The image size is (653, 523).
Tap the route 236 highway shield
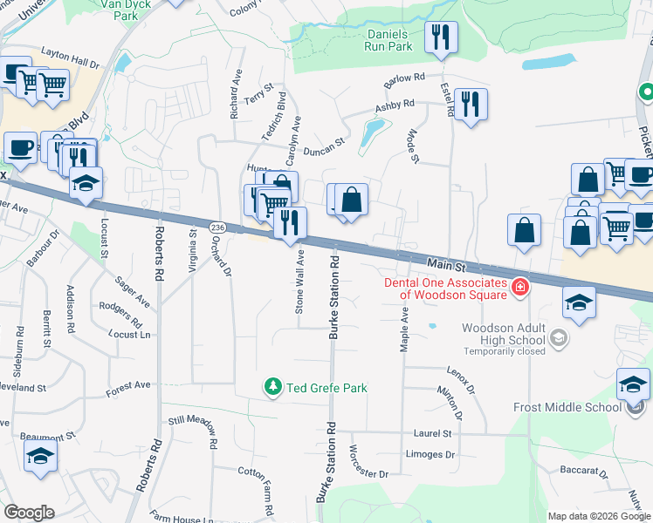217,227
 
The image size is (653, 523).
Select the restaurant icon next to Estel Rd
471,104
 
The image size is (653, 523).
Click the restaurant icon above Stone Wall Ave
290,222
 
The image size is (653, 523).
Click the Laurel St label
432,432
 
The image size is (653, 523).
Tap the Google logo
29,513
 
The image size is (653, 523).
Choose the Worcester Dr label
368,462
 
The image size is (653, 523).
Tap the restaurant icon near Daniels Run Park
441,37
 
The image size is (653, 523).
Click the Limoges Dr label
431,455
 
